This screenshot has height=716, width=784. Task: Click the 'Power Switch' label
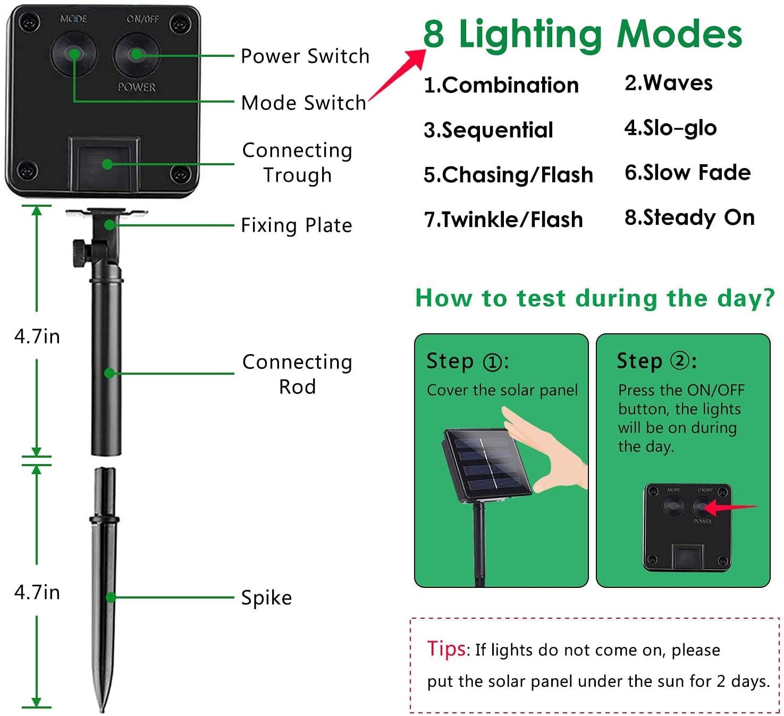[305, 56]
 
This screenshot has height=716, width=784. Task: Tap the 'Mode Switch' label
[304, 103]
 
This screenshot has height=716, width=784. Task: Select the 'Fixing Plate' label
[297, 225]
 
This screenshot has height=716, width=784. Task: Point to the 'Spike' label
[266, 597]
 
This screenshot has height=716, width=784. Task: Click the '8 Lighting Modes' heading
[583, 35]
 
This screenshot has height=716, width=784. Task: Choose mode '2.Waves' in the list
[668, 83]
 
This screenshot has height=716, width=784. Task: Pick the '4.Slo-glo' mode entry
[670, 128]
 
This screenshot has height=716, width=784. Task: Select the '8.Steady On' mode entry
[689, 217]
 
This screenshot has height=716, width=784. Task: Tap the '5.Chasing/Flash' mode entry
[509, 174]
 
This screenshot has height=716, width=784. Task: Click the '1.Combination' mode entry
[501, 85]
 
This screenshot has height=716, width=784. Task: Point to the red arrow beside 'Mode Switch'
[397, 74]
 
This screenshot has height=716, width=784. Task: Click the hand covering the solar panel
[547, 450]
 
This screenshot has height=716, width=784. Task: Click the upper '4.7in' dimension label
[37, 336]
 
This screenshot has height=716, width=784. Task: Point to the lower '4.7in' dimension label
[37, 592]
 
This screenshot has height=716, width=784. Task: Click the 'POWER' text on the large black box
[137, 87]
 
